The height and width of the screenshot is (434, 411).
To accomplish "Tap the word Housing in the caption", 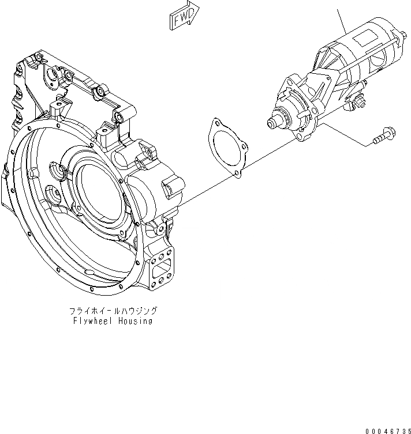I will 134,321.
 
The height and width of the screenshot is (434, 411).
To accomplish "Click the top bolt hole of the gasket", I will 216,123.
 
